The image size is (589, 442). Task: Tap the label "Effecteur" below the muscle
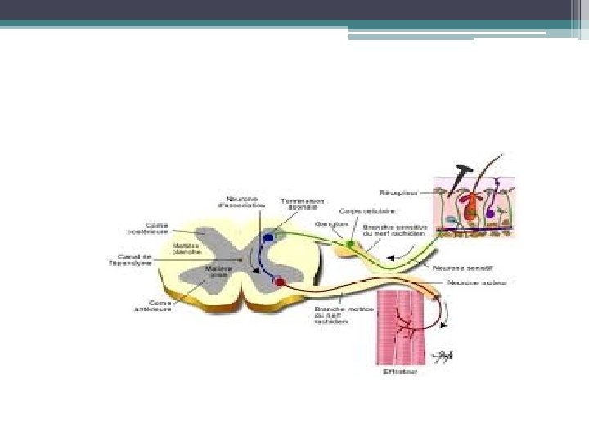pos(399,372)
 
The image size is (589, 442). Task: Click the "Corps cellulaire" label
pos(356,210)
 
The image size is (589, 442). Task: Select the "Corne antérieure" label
pos(155,305)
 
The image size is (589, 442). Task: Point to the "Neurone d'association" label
pos(242,201)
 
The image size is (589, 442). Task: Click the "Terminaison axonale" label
pos(302,203)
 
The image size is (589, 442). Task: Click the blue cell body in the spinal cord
pos(268,239)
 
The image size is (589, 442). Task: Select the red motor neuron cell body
pos(280,283)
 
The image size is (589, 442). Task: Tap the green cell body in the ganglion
pos(351,243)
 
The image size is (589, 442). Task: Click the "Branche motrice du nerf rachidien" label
pos(332,315)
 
